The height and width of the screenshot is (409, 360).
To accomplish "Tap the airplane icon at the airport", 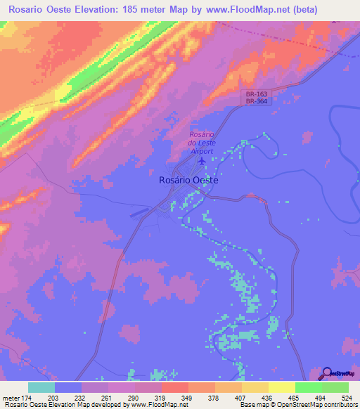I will click(202, 161).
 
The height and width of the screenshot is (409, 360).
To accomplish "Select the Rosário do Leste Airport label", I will click(202, 142).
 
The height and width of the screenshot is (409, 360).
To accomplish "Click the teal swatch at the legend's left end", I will click(41, 387).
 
